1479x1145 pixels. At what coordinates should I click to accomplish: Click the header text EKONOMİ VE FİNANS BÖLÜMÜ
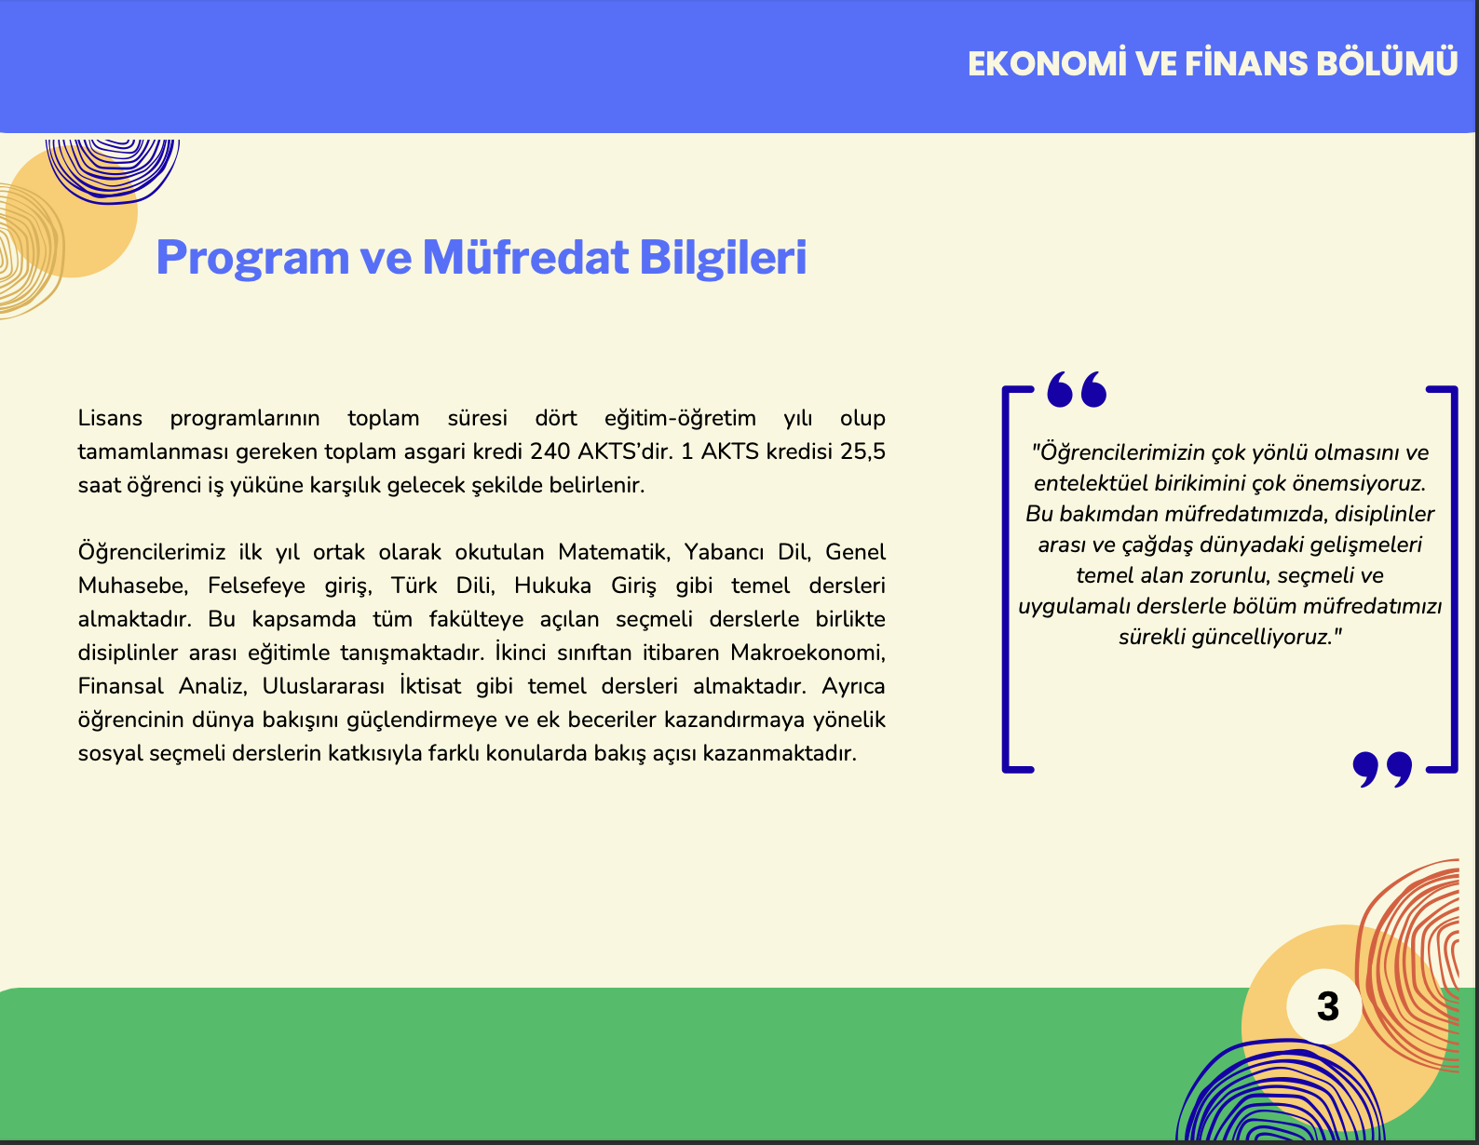[1213, 64]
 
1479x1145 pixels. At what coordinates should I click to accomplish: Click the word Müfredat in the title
[524, 257]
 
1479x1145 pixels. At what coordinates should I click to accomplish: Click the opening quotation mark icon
[1077, 389]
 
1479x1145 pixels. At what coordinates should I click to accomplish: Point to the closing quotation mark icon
[1382, 770]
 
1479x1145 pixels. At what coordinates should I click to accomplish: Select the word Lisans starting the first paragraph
[110, 418]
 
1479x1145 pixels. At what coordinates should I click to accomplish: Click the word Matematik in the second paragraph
[614, 552]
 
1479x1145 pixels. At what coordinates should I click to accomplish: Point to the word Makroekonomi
[807, 653]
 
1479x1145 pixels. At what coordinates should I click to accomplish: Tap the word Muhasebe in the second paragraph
[133, 586]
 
